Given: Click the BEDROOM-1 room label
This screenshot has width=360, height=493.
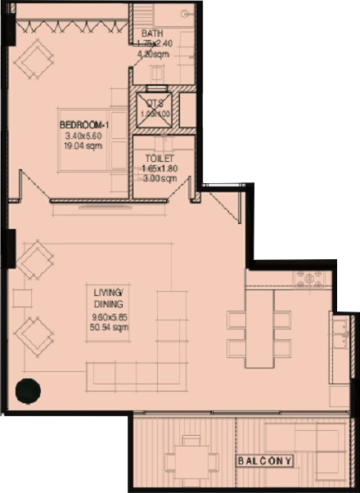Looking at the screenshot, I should (x=79, y=123).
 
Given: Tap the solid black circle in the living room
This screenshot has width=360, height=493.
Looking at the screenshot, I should (x=29, y=392).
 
